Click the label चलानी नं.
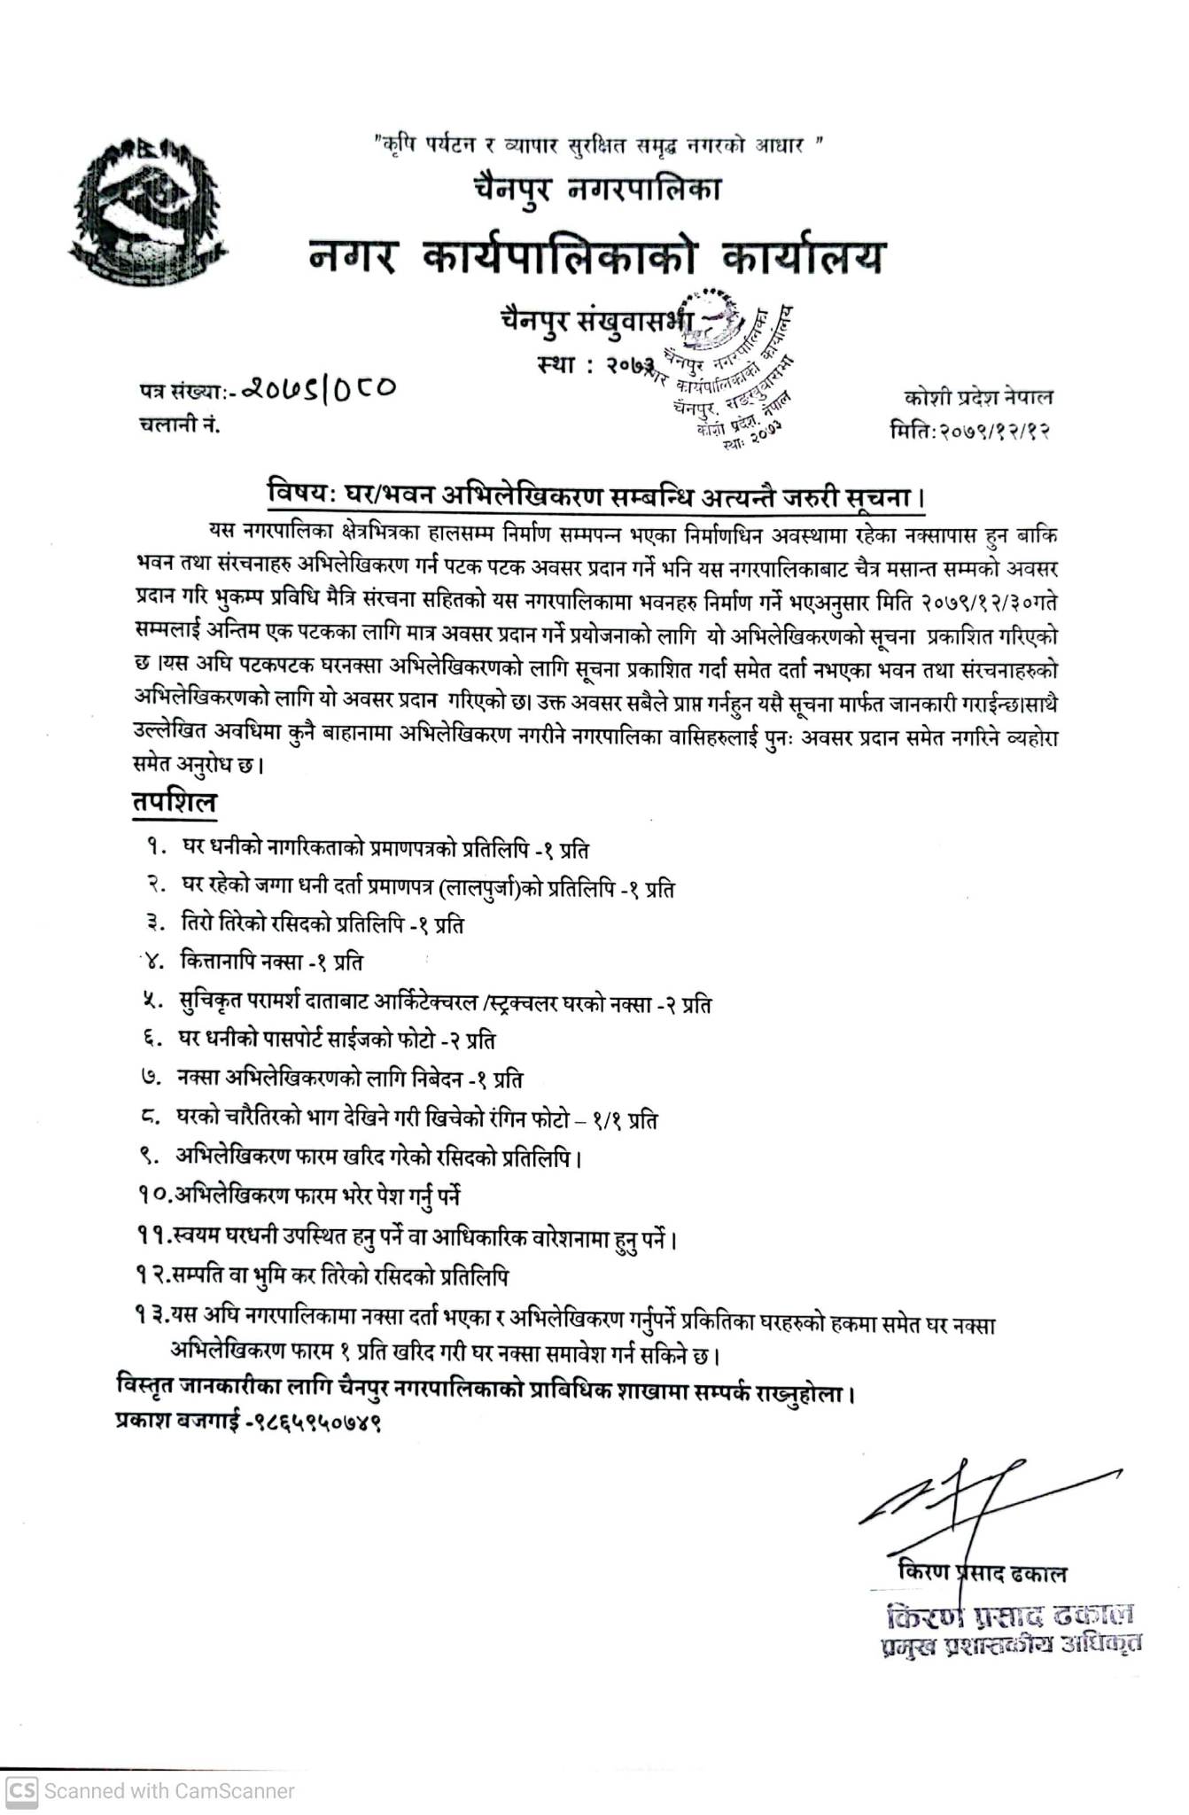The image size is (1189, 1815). pos(179,425)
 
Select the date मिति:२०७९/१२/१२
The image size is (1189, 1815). pos(970,432)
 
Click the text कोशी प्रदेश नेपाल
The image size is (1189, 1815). pos(978,398)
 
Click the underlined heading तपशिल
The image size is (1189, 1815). pos(175,802)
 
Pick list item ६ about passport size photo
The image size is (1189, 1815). pos(337,1040)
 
